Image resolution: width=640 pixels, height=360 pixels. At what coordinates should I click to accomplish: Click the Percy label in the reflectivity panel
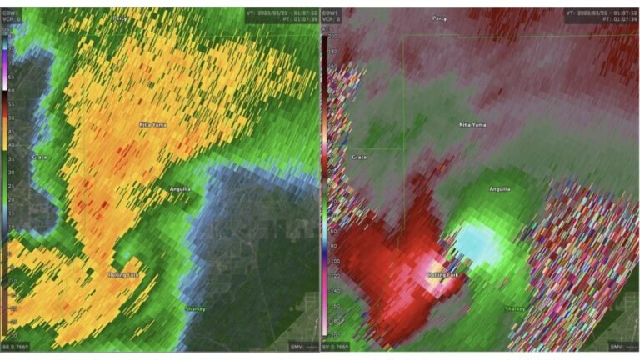click(119, 17)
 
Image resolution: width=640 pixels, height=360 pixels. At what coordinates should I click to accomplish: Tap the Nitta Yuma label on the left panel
click(152, 125)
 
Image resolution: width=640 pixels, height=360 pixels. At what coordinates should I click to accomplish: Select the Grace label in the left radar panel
click(39, 157)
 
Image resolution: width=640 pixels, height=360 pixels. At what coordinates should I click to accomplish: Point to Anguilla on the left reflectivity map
click(181, 189)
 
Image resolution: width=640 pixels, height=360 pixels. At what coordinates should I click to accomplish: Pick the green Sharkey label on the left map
click(194, 309)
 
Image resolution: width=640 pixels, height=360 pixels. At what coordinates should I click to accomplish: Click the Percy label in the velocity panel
click(439, 17)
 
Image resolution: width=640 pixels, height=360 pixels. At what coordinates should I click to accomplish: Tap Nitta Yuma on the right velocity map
click(472, 125)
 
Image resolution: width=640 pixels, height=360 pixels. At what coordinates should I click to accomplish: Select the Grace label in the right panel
click(359, 157)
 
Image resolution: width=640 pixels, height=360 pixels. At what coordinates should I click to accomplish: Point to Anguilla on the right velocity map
click(500, 189)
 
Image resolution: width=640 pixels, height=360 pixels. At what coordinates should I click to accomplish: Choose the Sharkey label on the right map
click(514, 309)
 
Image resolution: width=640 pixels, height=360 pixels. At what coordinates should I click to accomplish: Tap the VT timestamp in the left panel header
click(279, 14)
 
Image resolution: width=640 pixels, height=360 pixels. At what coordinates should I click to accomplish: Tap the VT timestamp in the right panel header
click(598, 14)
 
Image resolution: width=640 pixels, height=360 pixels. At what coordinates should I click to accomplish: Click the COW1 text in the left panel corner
click(12, 14)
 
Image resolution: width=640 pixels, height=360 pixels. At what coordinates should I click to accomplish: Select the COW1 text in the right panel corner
click(331, 14)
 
